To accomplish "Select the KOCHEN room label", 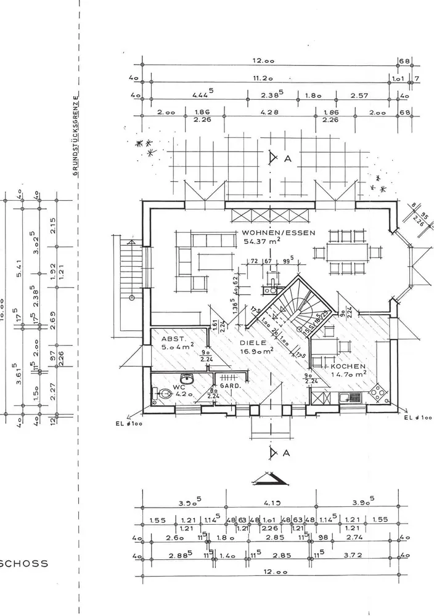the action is (x=345, y=365).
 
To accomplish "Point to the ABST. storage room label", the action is (x=170, y=339).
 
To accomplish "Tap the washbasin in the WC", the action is (x=186, y=379).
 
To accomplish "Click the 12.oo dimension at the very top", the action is (x=263, y=60).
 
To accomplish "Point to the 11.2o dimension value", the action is (x=263, y=78).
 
